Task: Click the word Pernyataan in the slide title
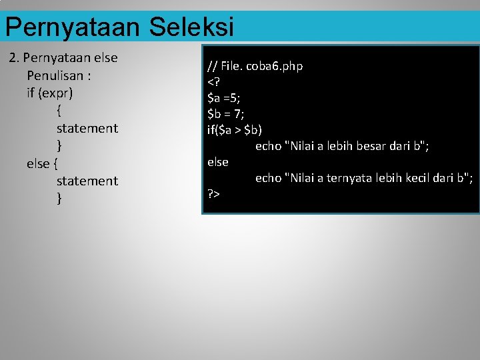(x=72, y=27)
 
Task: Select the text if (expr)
(x=50, y=93)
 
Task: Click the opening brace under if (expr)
(x=59, y=110)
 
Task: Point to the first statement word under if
(x=87, y=128)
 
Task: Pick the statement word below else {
(x=87, y=181)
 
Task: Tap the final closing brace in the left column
(x=59, y=198)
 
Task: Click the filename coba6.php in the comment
(x=274, y=66)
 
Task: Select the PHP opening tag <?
(x=213, y=82)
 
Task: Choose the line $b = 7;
(x=226, y=114)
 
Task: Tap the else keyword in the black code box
(x=218, y=162)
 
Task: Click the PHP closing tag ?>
(x=214, y=194)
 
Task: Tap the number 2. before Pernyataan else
(x=14, y=58)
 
